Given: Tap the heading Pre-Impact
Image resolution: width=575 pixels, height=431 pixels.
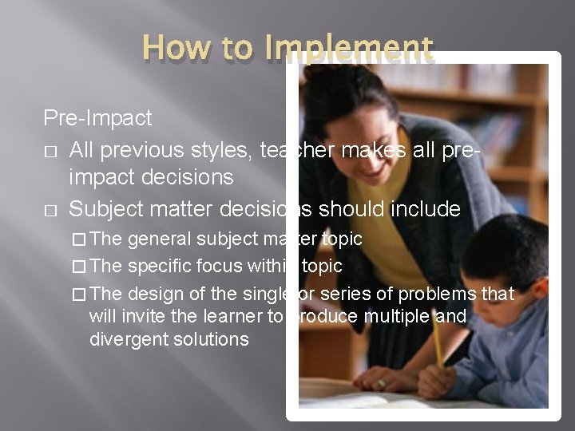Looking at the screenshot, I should [x=97, y=118].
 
